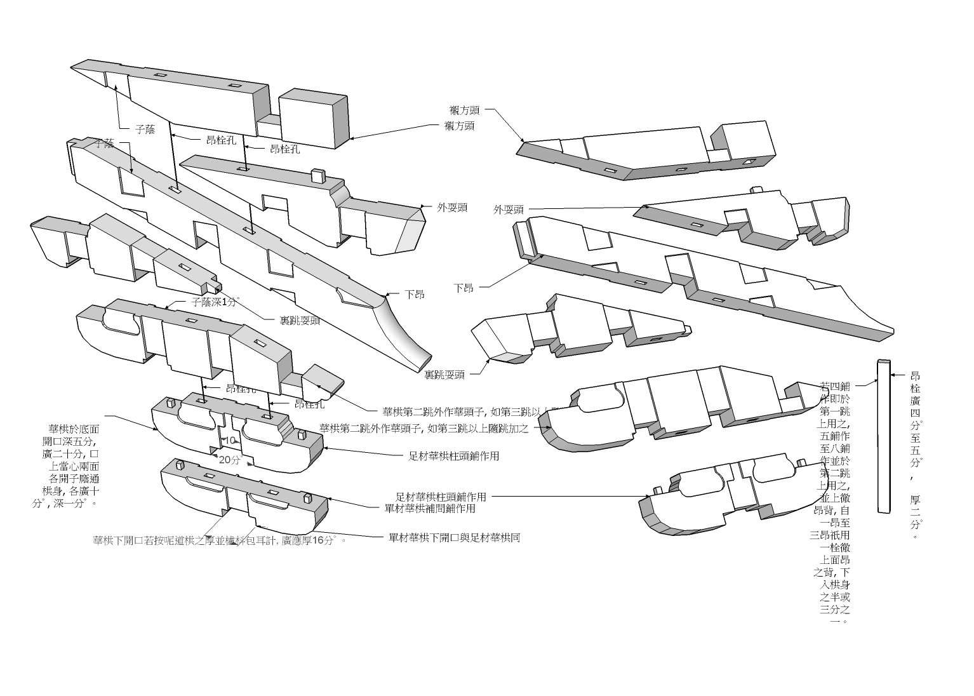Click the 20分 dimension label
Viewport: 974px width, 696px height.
[229, 460]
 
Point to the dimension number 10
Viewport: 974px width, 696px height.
[229, 440]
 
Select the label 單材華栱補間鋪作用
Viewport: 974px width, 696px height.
[430, 508]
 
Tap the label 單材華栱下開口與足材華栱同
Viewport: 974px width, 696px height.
[454, 538]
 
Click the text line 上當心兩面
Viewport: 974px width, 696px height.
[70, 466]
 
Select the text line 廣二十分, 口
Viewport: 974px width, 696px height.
[70, 454]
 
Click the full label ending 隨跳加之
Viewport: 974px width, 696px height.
[424, 428]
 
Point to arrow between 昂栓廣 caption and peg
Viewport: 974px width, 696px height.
[897, 375]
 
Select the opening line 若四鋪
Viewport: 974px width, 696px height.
[834, 386]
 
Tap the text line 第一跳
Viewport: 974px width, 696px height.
[834, 412]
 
